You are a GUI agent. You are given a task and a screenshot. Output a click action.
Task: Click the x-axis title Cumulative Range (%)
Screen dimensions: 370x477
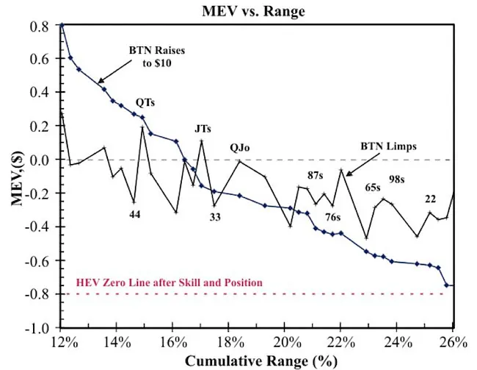[258, 360]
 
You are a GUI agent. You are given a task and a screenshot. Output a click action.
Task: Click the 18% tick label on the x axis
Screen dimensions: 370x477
[229, 343]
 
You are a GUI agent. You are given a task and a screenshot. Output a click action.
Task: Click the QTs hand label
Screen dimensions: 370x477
[145, 103]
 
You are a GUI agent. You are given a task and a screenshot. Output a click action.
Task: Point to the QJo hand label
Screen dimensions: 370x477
[239, 148]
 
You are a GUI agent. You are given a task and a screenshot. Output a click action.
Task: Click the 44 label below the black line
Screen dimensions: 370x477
[134, 215]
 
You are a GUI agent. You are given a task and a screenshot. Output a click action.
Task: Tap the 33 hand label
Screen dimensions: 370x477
[215, 217]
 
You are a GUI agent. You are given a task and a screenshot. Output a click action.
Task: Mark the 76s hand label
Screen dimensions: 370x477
[332, 217]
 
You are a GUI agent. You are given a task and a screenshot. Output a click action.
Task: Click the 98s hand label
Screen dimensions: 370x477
[398, 179]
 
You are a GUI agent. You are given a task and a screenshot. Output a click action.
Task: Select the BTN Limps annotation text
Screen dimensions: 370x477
[388, 146]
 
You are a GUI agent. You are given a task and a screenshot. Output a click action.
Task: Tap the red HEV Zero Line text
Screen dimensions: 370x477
[170, 282]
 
